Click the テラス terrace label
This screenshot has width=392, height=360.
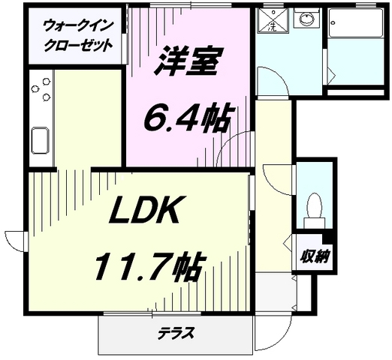[x=176, y=333]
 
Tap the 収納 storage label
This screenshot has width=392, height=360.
[x=315, y=257]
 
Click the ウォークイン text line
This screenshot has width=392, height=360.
[x=78, y=26]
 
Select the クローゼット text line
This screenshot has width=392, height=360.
[x=78, y=45]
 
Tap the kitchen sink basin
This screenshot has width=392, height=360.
[x=40, y=140]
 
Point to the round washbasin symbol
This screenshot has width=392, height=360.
[x=306, y=19]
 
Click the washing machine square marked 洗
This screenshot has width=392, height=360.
[x=273, y=20]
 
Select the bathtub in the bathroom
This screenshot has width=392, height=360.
[x=355, y=24]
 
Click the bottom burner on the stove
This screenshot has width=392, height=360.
[x=46, y=97]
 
